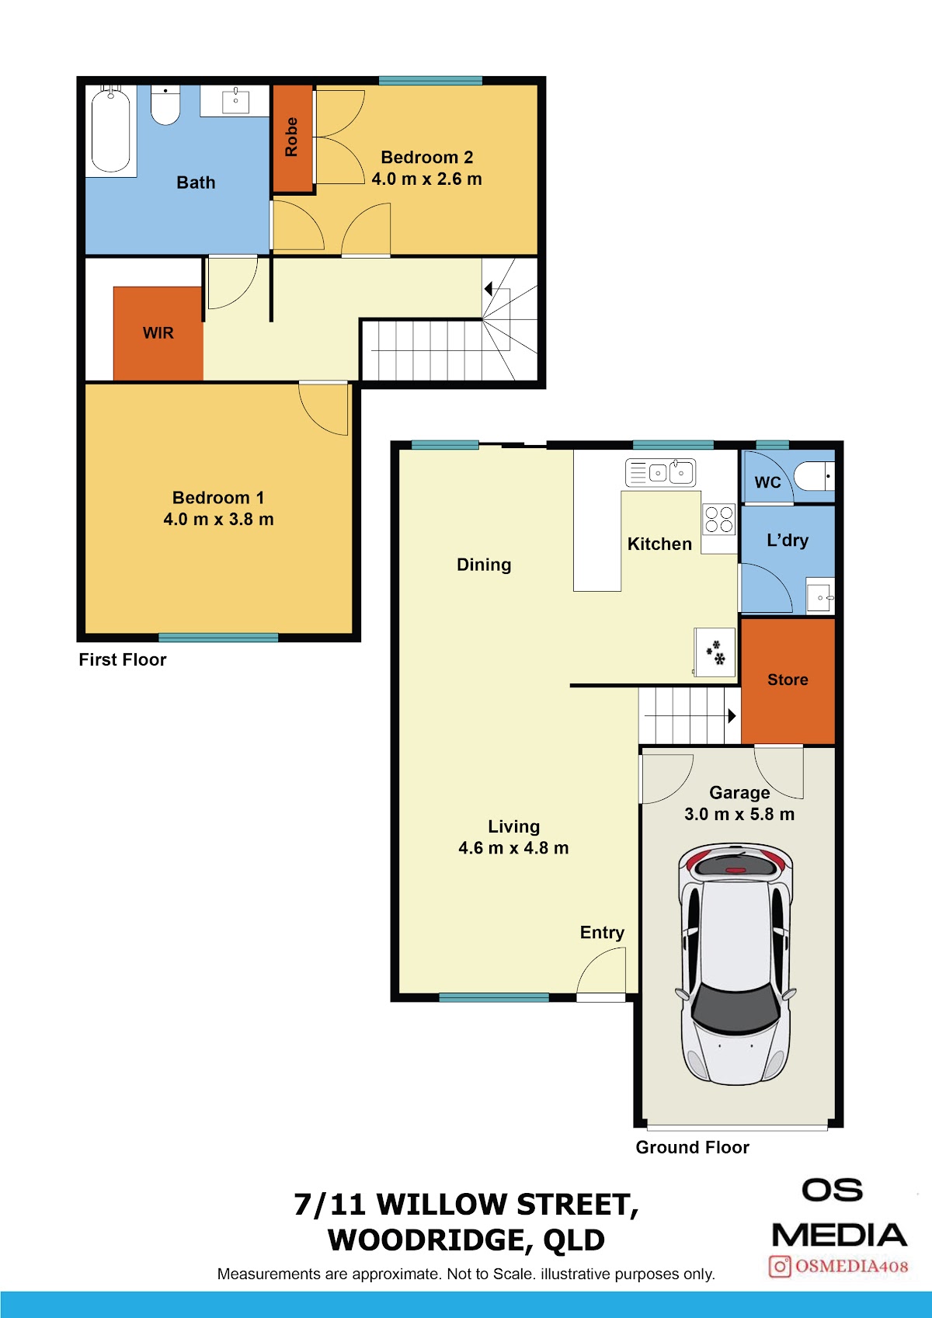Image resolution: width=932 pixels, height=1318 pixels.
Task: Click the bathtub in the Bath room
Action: (110, 129)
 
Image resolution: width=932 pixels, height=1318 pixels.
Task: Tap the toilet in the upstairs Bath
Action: (165, 105)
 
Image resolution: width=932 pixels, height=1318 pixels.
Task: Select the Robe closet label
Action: (291, 137)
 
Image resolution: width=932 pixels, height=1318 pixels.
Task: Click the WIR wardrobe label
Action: (158, 333)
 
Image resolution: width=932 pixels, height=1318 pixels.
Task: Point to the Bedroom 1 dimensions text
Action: (218, 519)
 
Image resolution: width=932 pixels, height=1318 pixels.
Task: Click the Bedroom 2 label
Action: (426, 157)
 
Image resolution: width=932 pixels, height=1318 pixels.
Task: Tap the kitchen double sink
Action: (660, 472)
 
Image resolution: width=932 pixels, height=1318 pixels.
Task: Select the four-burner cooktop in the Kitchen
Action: (719, 519)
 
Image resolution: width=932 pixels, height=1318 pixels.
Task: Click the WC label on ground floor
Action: (767, 482)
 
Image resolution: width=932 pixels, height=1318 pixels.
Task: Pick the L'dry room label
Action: (788, 540)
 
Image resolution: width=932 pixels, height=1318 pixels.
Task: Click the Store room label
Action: (788, 680)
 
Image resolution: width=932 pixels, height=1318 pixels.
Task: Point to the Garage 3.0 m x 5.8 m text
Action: (739, 814)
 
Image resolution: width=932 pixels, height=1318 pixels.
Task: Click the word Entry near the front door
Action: (602, 933)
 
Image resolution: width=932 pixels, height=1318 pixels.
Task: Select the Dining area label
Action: (484, 565)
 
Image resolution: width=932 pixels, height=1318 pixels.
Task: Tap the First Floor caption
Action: (123, 659)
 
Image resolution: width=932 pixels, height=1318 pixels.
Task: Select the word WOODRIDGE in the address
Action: (426, 1240)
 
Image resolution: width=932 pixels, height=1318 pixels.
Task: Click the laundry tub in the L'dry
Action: (819, 597)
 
